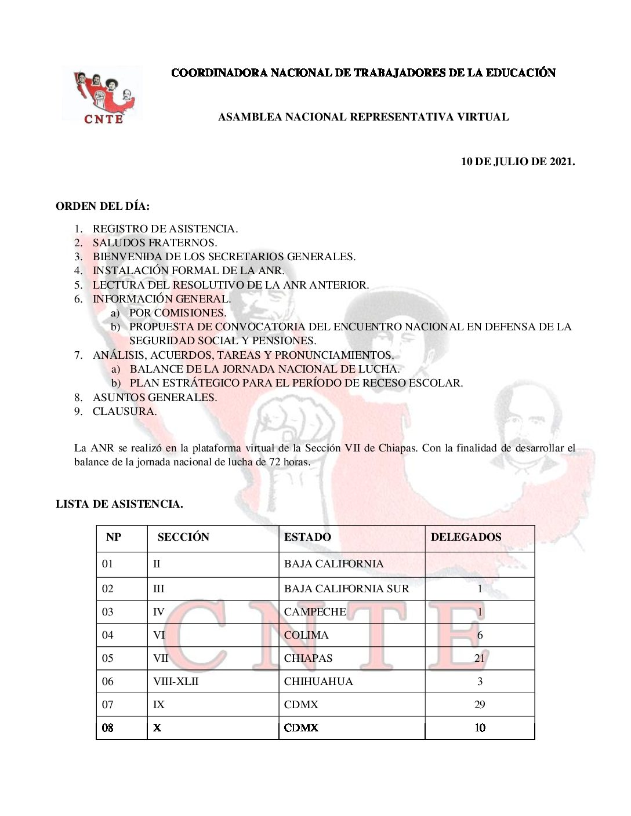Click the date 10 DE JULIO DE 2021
[517, 162]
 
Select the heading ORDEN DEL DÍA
[103, 206]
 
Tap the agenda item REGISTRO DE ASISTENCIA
[165, 229]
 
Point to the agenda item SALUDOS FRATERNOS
[155, 243]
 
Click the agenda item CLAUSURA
[125, 411]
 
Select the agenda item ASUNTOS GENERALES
[155, 398]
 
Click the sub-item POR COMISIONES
[177, 313]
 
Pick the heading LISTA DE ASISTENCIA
[119, 504]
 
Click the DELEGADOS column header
[466, 537]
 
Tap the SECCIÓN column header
[183, 537]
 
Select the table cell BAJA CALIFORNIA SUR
[346, 589]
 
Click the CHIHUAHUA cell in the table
[318, 682]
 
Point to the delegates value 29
[480, 705]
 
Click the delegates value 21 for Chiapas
[480, 658]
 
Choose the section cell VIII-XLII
[176, 682]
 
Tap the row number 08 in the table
[108, 728]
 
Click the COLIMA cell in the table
[306, 635]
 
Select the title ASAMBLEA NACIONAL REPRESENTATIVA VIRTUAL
[363, 117]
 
